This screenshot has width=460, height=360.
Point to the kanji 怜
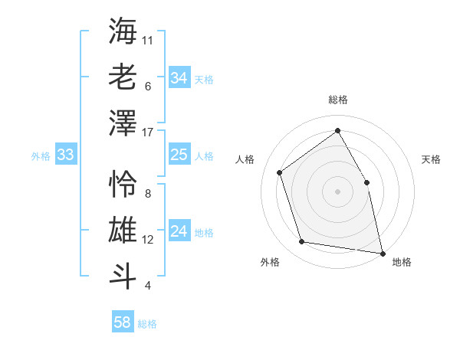tap(123, 184)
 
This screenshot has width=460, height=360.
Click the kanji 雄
tap(123, 230)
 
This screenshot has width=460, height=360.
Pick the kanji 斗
tap(123, 275)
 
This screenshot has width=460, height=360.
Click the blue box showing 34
tap(179, 78)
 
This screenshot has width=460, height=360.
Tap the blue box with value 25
tap(179, 155)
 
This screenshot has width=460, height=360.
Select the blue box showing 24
tap(179, 232)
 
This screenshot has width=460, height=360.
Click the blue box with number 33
tap(65, 155)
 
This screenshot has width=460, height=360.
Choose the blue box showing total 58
tap(122, 323)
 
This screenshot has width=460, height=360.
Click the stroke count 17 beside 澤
tap(148, 132)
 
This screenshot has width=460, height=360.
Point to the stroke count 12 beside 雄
tap(148, 240)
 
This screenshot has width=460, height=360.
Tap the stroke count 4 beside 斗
tap(147, 286)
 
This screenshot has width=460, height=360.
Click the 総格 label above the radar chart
tap(337, 100)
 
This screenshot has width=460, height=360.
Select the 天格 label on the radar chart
tap(431, 159)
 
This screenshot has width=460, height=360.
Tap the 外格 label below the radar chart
tap(270, 262)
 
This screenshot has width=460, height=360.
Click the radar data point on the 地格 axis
tap(383, 253)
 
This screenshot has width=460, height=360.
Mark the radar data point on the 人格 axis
tap(280, 172)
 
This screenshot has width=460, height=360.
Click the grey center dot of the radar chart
tap(337, 191)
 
